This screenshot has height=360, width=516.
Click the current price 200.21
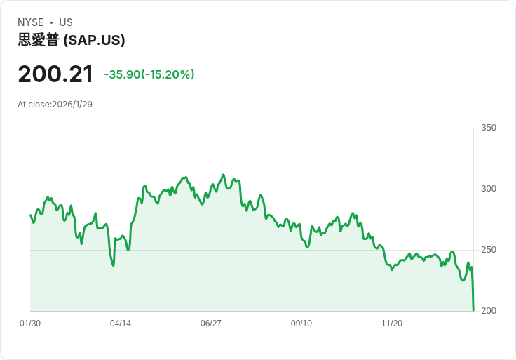pyautogui.click(x=55, y=74)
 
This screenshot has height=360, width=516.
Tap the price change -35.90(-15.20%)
pyautogui.click(x=149, y=74)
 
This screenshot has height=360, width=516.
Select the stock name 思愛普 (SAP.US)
pyautogui.click(x=72, y=40)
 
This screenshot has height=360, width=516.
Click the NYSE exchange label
pyautogui.click(x=31, y=22)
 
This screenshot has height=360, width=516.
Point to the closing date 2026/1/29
pyautogui.click(x=72, y=105)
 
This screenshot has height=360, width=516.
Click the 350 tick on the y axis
pyautogui.click(x=489, y=128)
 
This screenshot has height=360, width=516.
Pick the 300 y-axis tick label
pyautogui.click(x=489, y=189)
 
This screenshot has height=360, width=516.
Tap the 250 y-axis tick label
pyautogui.click(x=489, y=250)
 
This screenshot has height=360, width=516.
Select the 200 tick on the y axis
pyautogui.click(x=489, y=311)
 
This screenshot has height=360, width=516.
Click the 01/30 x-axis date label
pyautogui.click(x=30, y=324)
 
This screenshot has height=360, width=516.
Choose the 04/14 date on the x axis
pyautogui.click(x=121, y=324)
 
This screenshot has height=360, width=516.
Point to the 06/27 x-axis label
pyautogui.click(x=211, y=324)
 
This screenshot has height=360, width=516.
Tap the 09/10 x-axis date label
pyautogui.click(x=301, y=324)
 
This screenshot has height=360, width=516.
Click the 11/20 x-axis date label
pyautogui.click(x=392, y=324)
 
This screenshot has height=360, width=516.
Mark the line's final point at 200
pyautogui.click(x=473, y=310)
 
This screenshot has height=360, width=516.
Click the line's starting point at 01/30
pyautogui.click(x=30, y=215)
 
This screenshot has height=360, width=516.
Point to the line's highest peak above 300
pyautogui.click(x=223, y=175)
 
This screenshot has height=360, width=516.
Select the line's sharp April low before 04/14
pyautogui.click(x=113, y=265)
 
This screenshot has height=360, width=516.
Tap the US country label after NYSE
pyautogui.click(x=66, y=22)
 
